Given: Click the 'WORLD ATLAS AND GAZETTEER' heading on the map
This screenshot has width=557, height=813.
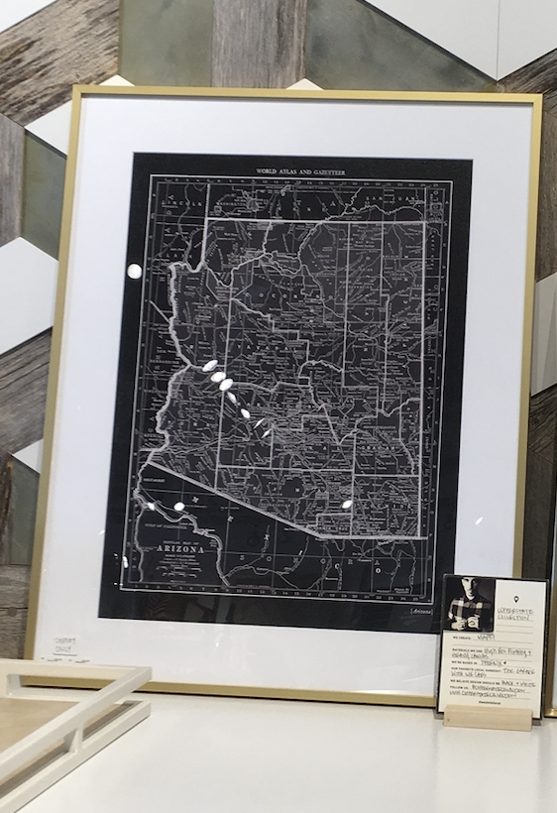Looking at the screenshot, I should tap(308, 172).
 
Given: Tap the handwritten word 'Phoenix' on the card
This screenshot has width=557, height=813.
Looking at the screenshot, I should tap(494, 661).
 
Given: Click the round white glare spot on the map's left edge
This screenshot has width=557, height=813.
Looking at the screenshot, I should tap(134, 271).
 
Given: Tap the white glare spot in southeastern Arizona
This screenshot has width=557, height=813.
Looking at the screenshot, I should tap(347, 506).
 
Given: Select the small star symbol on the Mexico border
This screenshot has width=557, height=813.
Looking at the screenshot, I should tap(197, 499).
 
